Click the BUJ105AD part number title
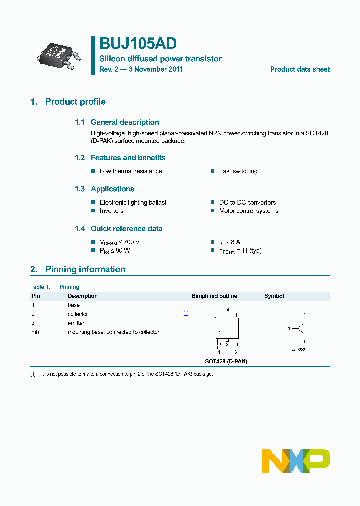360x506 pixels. pyautogui.click(x=137, y=44)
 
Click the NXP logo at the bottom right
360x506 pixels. pyautogui.click(x=296, y=461)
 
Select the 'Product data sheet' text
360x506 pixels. pyautogui.click(x=300, y=69)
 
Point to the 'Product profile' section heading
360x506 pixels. pyautogui.click(x=75, y=102)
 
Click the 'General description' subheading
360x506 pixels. pyautogui.click(x=125, y=122)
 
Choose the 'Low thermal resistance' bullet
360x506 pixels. pyautogui.click(x=131, y=171)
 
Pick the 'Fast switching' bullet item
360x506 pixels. pyautogui.click(x=238, y=171)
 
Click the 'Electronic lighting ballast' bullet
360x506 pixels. pyautogui.click(x=133, y=202)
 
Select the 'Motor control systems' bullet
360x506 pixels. pyautogui.click(x=249, y=211)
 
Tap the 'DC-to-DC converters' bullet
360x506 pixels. pyautogui.click(x=247, y=202)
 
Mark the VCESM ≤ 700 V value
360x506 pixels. pyautogui.click(x=120, y=242)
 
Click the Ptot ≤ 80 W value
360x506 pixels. pyautogui.click(x=115, y=250)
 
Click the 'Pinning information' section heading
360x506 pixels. pyautogui.click(x=85, y=269)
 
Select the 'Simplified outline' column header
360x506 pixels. pyautogui.click(x=214, y=296)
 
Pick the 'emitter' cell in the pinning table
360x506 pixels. pyautogui.click(x=76, y=323)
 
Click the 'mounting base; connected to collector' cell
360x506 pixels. pyautogui.click(x=113, y=332)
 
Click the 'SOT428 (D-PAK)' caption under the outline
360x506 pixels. pyautogui.click(x=226, y=361)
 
